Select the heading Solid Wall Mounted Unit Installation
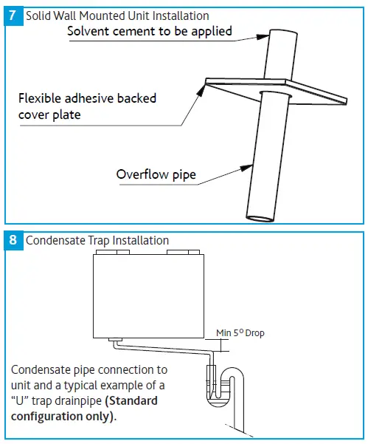click(x=117, y=16)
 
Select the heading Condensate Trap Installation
click(x=97, y=240)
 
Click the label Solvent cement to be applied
click(x=150, y=30)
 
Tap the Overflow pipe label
click(x=156, y=174)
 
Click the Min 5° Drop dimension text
click(x=240, y=333)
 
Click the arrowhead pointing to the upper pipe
click(x=266, y=33)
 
